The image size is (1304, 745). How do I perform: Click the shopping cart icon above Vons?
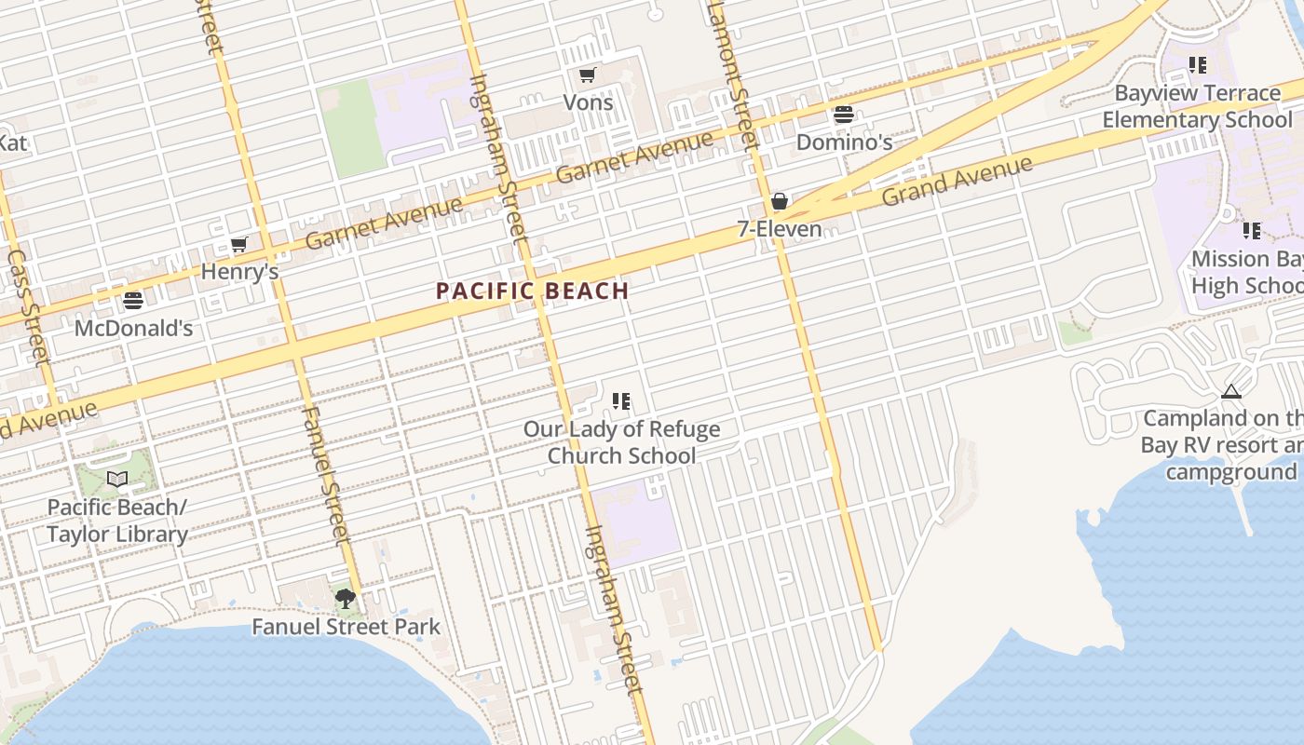point(587,75)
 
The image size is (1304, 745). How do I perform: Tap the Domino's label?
point(844,142)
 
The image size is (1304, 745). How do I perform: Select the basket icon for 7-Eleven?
point(780,202)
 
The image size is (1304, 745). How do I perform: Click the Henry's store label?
point(239,272)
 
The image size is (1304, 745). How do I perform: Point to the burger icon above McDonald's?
point(133,301)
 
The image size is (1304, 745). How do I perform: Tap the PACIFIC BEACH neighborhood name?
point(533,291)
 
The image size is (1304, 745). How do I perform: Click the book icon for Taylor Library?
point(117,480)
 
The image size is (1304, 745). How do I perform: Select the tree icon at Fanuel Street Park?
point(346,599)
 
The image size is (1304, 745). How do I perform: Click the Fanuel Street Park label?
point(346,626)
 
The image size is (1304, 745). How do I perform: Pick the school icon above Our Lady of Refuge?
point(621,401)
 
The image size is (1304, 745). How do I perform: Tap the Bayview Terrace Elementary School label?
point(1197,106)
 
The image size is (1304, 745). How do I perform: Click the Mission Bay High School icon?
point(1252,230)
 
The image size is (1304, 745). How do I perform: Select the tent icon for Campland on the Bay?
point(1231,392)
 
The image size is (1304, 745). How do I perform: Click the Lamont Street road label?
point(733,74)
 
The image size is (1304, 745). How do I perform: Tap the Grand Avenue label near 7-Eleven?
point(957,181)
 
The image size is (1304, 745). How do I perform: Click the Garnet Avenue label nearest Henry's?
point(384,223)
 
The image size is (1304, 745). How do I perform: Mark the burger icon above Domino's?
point(844,115)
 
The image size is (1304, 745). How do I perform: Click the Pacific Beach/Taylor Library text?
point(117,521)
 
